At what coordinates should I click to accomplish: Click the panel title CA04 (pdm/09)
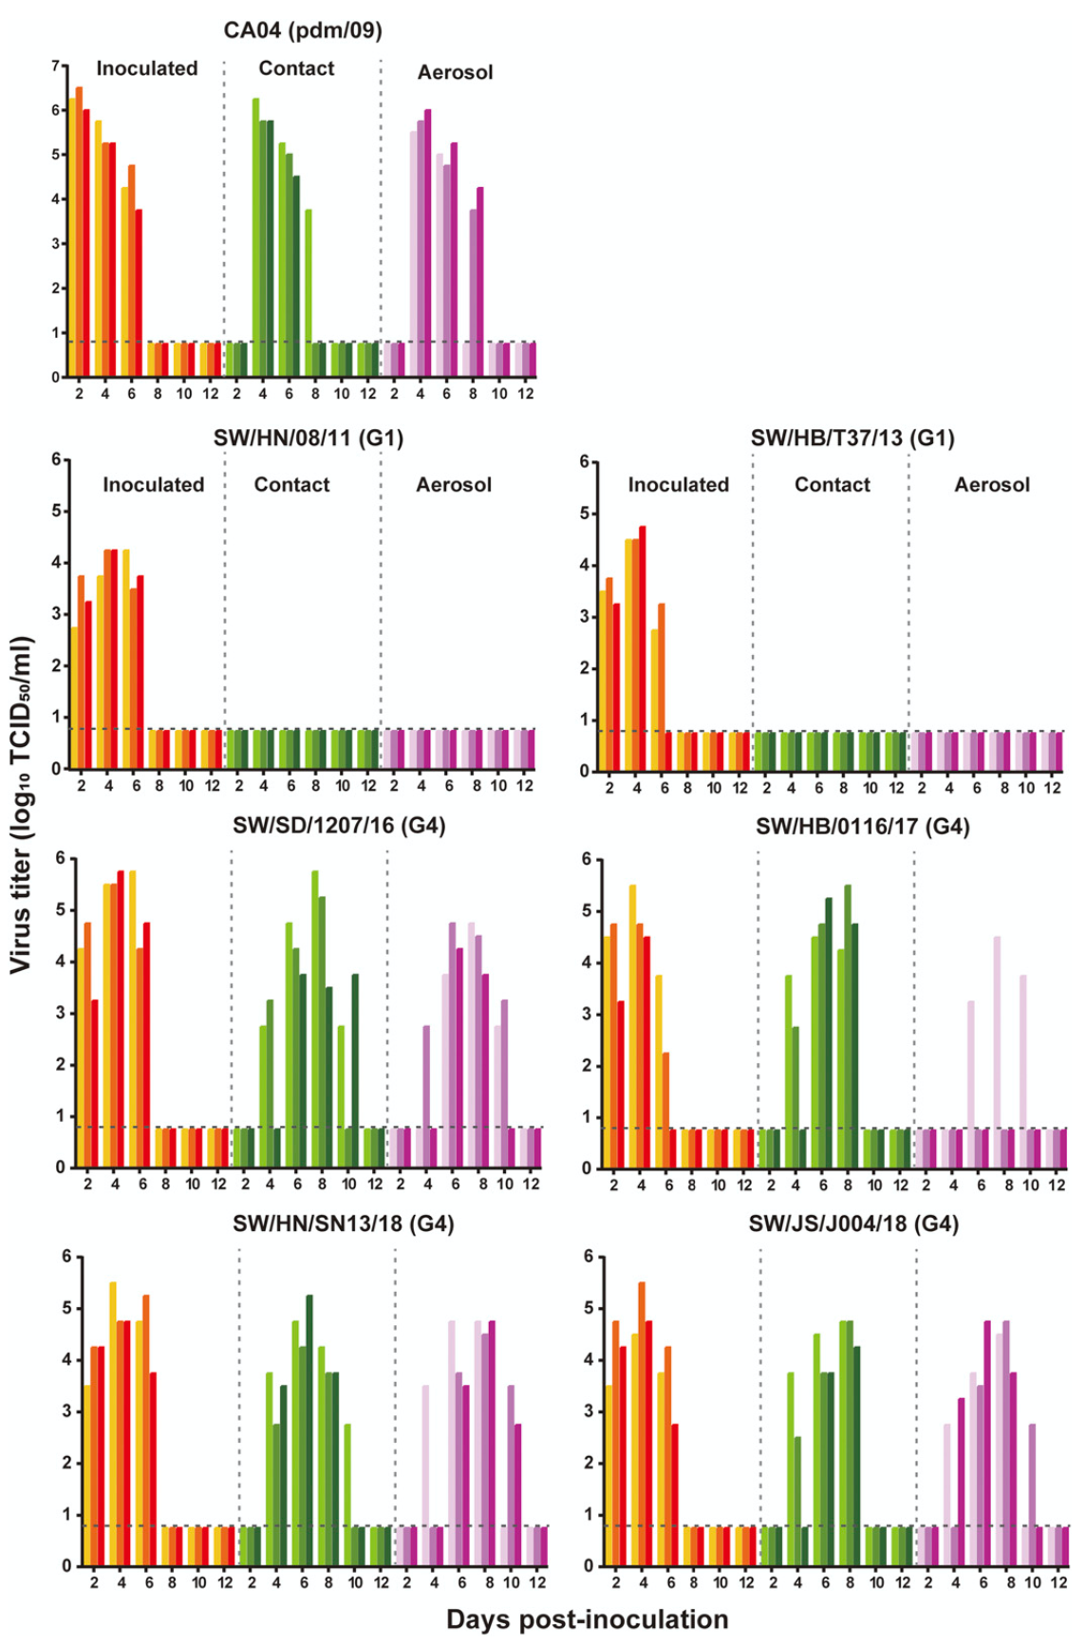click(x=303, y=30)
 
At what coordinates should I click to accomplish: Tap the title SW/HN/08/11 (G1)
click(x=309, y=438)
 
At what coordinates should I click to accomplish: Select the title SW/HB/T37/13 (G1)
click(x=852, y=438)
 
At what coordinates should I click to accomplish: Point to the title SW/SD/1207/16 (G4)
click(x=339, y=825)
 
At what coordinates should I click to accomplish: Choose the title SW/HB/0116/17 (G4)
click(x=862, y=826)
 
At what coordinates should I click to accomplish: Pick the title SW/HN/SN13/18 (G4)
click(x=343, y=1224)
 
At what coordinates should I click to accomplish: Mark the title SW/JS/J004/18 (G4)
click(x=853, y=1224)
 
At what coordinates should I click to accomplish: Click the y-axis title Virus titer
click(x=22, y=805)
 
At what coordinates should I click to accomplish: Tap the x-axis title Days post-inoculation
click(x=587, y=1619)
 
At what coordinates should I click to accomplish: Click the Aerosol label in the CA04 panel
click(x=455, y=72)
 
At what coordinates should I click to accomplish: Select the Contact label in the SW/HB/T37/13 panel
click(x=832, y=484)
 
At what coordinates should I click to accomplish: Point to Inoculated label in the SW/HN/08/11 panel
click(x=154, y=484)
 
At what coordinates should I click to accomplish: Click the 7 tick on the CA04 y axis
click(x=56, y=65)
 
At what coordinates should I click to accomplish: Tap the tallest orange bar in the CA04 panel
click(x=79, y=232)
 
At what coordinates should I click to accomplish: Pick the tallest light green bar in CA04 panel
click(x=255, y=237)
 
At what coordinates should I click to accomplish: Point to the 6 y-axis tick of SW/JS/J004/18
click(x=589, y=1257)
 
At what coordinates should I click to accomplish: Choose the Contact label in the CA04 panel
click(x=296, y=68)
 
